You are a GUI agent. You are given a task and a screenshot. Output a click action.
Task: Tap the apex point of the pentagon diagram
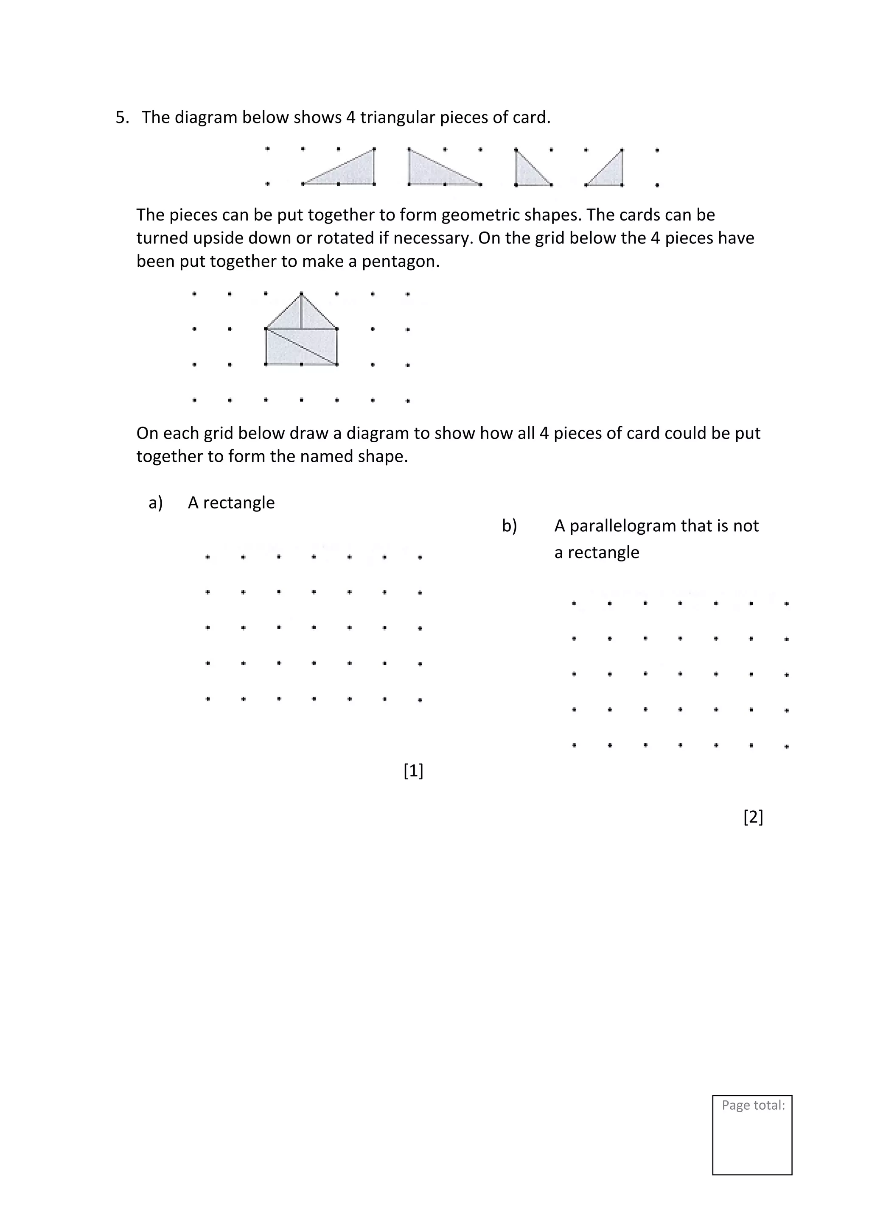coord(301,293)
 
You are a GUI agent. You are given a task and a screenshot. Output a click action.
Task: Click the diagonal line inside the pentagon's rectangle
coord(302,346)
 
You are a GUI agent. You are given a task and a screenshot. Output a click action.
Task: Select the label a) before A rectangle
coord(156,503)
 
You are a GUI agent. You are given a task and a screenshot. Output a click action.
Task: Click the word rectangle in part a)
coord(238,503)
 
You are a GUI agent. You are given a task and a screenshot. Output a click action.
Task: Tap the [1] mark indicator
coord(413,771)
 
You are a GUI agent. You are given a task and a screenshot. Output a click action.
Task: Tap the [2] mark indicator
coord(753,817)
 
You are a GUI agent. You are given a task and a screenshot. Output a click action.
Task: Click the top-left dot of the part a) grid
coord(207,557)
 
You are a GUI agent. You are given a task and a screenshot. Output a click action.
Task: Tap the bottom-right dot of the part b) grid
coord(786,746)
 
